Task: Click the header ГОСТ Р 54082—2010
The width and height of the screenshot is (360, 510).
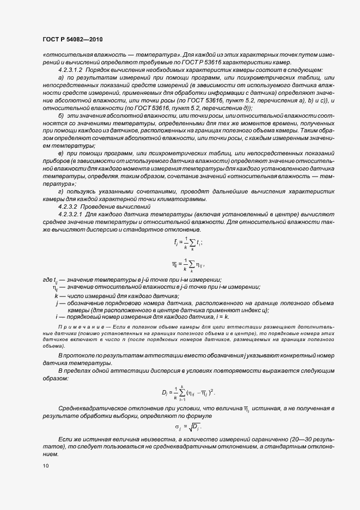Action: click(x=72, y=40)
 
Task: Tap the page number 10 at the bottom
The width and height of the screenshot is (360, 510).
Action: click(x=45, y=466)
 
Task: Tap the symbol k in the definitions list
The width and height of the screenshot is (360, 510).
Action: click(x=57, y=295)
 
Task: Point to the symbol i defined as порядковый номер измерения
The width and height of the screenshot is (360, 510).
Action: click(x=57, y=316)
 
